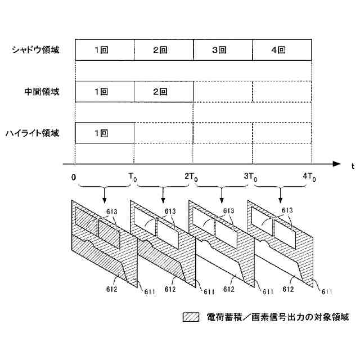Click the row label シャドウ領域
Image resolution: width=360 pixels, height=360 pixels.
35,49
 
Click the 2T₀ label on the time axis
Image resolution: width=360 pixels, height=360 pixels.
191,177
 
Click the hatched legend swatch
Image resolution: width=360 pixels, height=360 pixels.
191,317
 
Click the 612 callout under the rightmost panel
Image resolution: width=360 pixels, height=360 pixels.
287,289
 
